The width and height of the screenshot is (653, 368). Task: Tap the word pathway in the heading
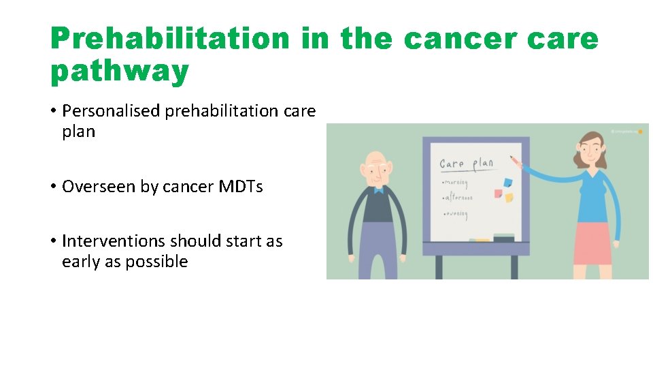point(120,72)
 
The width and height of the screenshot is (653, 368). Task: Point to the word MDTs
point(241,186)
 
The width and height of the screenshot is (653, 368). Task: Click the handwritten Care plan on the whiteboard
point(466,164)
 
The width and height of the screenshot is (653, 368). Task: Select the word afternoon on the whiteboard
point(459,198)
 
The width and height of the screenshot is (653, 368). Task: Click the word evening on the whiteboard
point(457,214)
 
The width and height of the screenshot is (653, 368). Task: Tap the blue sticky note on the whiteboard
point(507,183)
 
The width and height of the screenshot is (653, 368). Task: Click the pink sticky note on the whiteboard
point(499,194)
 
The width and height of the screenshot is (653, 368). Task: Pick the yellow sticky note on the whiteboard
point(508,198)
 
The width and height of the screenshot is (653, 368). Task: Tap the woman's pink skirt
point(592,243)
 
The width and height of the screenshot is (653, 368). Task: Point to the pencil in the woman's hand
point(515,160)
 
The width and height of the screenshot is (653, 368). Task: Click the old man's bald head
point(376,160)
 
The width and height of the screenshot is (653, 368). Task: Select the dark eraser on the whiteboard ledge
point(503,238)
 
